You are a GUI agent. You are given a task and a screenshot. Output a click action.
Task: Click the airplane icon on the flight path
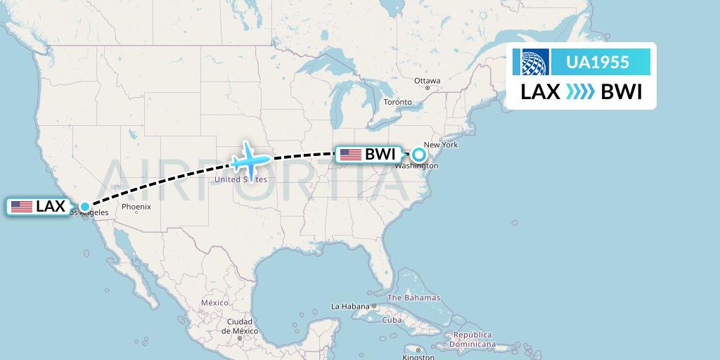coord(250,161)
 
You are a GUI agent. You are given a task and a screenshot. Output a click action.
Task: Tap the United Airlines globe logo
coord(531,63)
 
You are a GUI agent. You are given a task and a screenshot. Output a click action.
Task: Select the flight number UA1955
coord(598,63)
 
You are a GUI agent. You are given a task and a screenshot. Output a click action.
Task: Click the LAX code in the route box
coord(540,92)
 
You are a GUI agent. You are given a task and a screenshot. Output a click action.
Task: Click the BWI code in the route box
coord(622,92)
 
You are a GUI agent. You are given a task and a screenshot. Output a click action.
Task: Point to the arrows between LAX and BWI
coord(580,92)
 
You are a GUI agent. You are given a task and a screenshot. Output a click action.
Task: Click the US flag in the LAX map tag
coord(22,207)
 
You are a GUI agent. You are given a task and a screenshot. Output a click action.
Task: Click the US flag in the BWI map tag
coord(350,155)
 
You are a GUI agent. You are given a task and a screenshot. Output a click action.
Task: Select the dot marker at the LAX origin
coord(85,207)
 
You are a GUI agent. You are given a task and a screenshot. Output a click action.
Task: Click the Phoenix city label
coord(136,207)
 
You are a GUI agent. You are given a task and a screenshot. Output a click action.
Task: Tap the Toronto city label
coord(397,102)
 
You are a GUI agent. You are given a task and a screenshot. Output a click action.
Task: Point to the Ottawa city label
coord(427,81)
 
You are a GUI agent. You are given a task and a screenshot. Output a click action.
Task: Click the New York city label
coord(441,145)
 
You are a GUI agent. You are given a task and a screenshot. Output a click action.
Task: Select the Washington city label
coord(416,166)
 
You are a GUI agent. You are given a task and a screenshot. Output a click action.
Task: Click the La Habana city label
coord(350,307)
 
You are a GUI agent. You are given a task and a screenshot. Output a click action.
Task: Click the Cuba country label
coord(391,320)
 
